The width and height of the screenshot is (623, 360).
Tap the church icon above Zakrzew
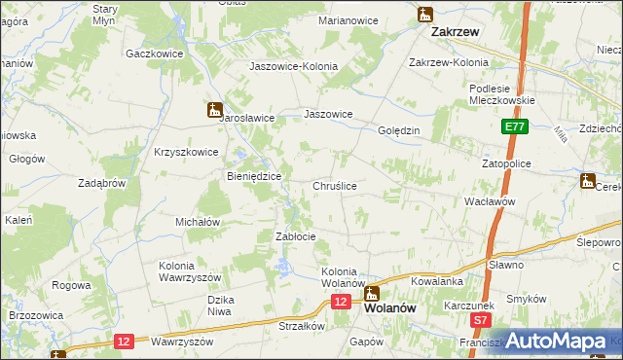424,14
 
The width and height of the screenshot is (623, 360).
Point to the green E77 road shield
515,126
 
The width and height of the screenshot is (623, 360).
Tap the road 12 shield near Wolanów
339,303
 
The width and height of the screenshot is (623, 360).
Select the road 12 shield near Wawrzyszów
123,341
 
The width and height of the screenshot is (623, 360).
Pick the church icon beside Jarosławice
213,110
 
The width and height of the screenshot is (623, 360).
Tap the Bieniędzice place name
254,176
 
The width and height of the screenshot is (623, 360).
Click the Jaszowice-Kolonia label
293,66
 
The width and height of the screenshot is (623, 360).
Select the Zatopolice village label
506,164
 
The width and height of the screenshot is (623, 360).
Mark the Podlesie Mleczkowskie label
498,92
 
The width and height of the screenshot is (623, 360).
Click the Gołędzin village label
398,130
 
